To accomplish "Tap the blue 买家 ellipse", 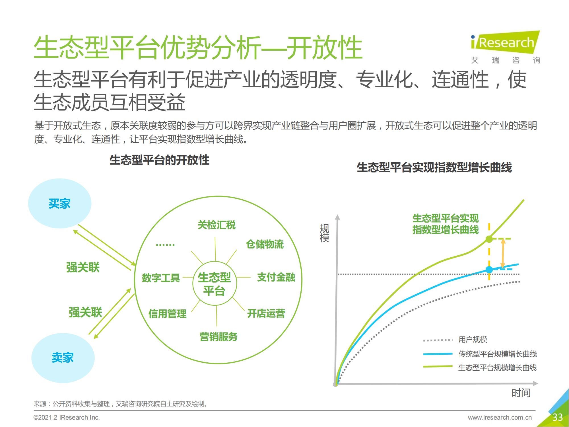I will pyautogui.click(x=59, y=204).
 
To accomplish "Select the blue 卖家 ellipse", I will pyautogui.click(x=63, y=358).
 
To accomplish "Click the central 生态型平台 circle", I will pyautogui.click(x=215, y=284).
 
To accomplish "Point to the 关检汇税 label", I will pyautogui.click(x=217, y=225).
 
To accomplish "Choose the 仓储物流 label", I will pyautogui.click(x=265, y=244).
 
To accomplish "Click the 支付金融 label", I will pyautogui.click(x=276, y=277).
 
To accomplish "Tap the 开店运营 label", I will pyautogui.click(x=266, y=313).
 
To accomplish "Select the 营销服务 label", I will pyautogui.click(x=218, y=337).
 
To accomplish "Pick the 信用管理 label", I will pyautogui.click(x=167, y=314).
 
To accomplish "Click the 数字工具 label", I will pyautogui.click(x=161, y=278).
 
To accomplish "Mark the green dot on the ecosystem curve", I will pyautogui.click(x=489, y=239).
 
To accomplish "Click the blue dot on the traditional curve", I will pyautogui.click(x=489, y=269).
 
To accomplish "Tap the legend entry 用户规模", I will pyautogui.click(x=473, y=340).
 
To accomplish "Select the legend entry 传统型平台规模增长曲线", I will pyautogui.click(x=497, y=354).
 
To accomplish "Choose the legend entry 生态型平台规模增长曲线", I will pyautogui.click(x=497, y=368).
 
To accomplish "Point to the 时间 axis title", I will pyautogui.click(x=521, y=393).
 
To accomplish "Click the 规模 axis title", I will pyautogui.click(x=324, y=233).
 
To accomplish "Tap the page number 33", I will pyautogui.click(x=557, y=417).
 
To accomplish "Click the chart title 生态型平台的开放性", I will pyautogui.click(x=159, y=160).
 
